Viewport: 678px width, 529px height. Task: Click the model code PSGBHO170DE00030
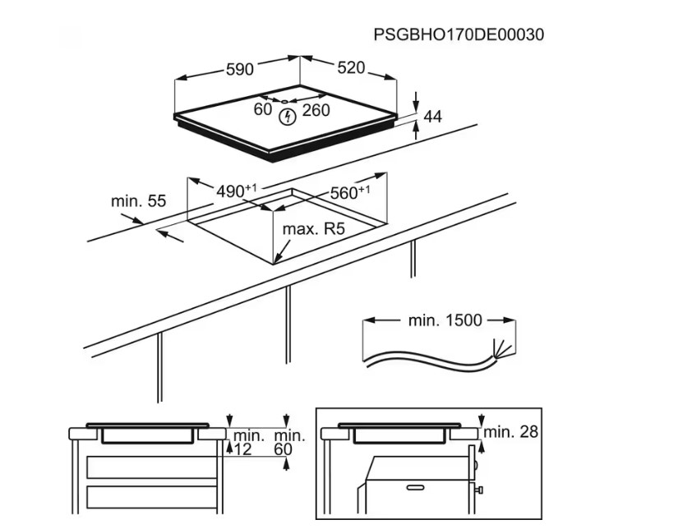coord(459,34)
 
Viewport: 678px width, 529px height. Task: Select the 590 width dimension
coord(240,69)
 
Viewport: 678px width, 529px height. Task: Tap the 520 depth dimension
coord(351,68)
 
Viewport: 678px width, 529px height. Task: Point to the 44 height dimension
coord(433,117)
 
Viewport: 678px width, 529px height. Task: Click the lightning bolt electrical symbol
coord(286,117)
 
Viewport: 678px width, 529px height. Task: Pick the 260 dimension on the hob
coord(316,111)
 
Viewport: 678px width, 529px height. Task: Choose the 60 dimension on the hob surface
coord(262,109)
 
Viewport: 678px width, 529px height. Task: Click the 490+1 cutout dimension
coord(236,191)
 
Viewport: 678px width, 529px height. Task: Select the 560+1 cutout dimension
coord(350,192)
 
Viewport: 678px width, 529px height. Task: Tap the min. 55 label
coord(138,201)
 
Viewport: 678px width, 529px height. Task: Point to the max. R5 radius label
coord(313,228)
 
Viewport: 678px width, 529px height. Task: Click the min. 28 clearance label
coord(510,431)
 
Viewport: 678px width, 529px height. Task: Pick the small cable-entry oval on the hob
coord(284,101)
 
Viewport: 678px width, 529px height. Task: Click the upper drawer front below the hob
coord(152,467)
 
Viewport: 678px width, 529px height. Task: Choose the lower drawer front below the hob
coord(152,497)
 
